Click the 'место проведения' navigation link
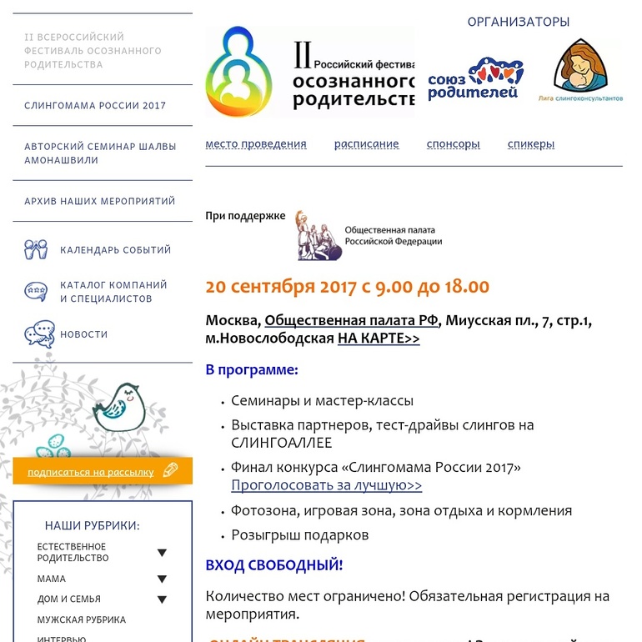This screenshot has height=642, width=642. point(256,144)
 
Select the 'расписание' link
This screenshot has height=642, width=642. point(367,144)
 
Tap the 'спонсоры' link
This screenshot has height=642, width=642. point(453,144)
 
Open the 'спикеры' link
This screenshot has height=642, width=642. point(531,144)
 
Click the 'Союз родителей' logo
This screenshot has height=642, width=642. point(474,78)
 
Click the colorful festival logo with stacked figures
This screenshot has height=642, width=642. point(239,73)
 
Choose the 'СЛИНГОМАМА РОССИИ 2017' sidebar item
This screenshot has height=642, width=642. point(95,106)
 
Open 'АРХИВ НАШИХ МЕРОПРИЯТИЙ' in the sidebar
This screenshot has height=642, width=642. point(100,201)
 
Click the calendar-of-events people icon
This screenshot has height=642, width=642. point(37,249)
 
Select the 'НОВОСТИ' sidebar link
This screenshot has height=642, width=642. point(83,334)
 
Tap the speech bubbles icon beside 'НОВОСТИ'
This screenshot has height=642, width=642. point(38,334)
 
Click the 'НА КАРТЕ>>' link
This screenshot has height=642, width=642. point(379,339)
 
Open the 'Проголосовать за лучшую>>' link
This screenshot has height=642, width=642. point(327,485)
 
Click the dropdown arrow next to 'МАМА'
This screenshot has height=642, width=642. point(162,579)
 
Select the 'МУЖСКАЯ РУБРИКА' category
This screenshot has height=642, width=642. point(82,620)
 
